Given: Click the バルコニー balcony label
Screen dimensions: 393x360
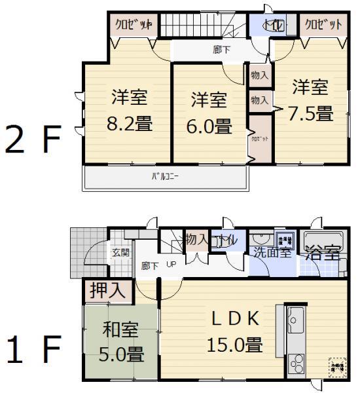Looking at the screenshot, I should pyautogui.click(x=165, y=176).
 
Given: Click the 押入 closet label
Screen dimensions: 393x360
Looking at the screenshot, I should pyautogui.click(x=108, y=290).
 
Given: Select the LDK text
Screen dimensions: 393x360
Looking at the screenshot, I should pyautogui.click(x=234, y=319).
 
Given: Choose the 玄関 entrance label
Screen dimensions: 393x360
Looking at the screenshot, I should pyautogui.click(x=120, y=252).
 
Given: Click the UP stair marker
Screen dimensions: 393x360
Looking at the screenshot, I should pyautogui.click(x=171, y=265).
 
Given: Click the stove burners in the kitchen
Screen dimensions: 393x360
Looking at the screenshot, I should pyautogui.click(x=295, y=362).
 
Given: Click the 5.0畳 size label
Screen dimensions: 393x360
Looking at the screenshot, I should pyautogui.click(x=120, y=354).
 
